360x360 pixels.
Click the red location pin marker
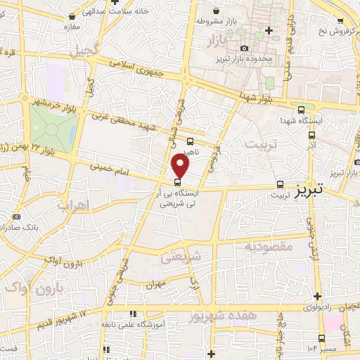tap(181, 166)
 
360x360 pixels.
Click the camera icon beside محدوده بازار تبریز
tap(243, 48)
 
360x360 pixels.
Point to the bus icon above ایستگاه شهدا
tap(302, 110)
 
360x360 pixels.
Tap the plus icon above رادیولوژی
tap(317, 296)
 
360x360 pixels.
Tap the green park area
tap(53, 127)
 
